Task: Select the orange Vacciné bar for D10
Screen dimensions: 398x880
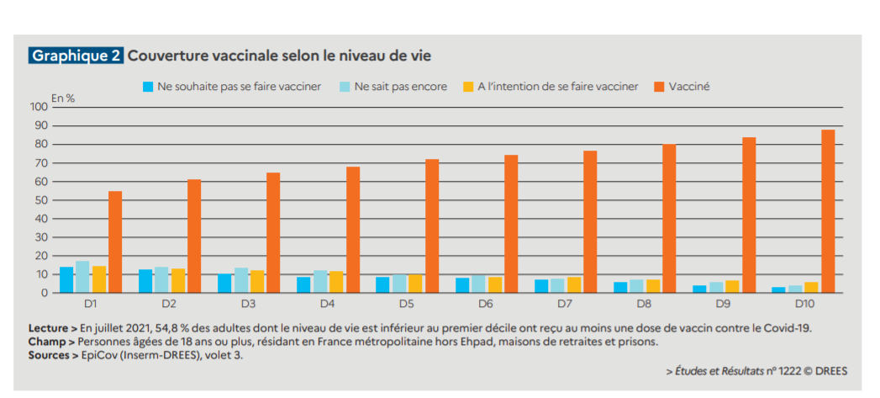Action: (x=828, y=211)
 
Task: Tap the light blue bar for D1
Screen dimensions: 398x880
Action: (x=82, y=277)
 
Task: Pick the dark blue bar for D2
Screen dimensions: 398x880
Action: (x=145, y=281)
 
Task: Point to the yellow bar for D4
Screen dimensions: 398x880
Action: (x=336, y=282)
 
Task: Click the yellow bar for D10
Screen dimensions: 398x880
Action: (x=812, y=287)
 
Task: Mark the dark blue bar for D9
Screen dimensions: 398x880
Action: (x=700, y=289)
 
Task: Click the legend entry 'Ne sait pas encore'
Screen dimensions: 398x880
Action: (x=400, y=87)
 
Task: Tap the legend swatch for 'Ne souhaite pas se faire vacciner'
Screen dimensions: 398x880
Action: (x=149, y=87)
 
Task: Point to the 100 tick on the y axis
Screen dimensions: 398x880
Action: (x=39, y=107)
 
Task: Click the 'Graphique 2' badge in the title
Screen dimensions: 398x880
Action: (x=76, y=56)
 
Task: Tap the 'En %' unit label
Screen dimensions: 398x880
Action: (x=63, y=98)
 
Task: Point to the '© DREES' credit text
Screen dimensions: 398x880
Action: (x=825, y=370)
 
